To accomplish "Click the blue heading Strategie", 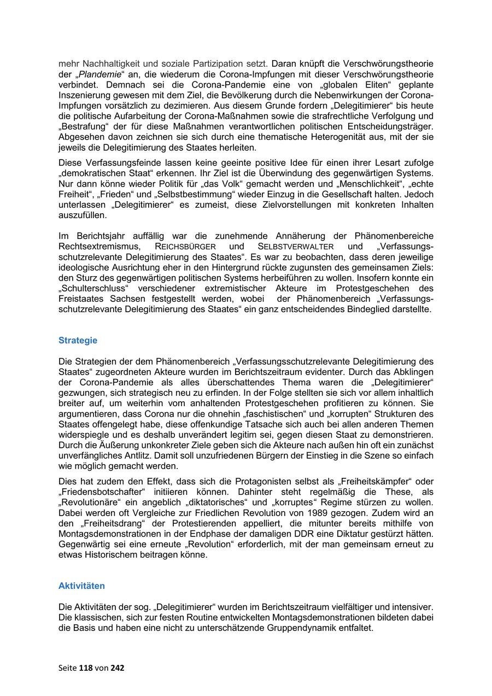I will pyautogui.click(x=78, y=340).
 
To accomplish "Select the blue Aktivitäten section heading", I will pyautogui.click(x=81, y=586).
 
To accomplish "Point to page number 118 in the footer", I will pyautogui.click(x=86, y=668).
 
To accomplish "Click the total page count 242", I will pyautogui.click(x=118, y=668).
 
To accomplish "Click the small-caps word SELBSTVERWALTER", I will pyautogui.click(x=296, y=247).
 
